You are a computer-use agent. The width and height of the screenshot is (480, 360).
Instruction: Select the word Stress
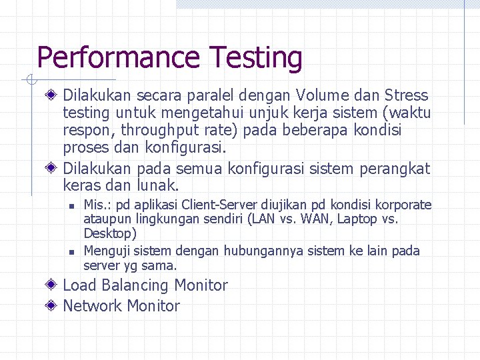(406, 95)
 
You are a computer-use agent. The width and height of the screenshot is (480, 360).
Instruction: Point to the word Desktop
(109, 233)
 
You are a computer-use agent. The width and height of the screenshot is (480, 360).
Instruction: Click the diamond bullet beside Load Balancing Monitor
(51, 285)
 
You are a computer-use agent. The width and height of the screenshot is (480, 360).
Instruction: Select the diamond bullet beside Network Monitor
(51, 306)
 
